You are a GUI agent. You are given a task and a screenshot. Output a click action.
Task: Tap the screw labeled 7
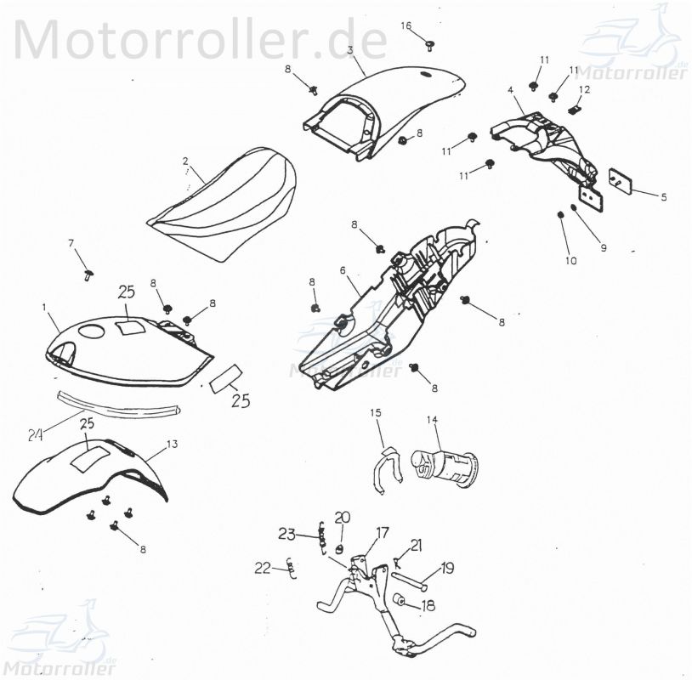pos(88,273)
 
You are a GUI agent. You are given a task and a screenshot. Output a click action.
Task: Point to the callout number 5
pos(664,196)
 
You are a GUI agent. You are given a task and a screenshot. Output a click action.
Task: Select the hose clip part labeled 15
pos(385,467)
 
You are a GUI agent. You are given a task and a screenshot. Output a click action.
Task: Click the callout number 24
pos(35,435)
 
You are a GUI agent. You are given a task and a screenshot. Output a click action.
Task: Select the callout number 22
pos(263,567)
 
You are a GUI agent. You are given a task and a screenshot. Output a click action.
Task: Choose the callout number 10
pos(570,260)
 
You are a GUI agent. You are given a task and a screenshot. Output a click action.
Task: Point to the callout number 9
pos(603,248)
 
